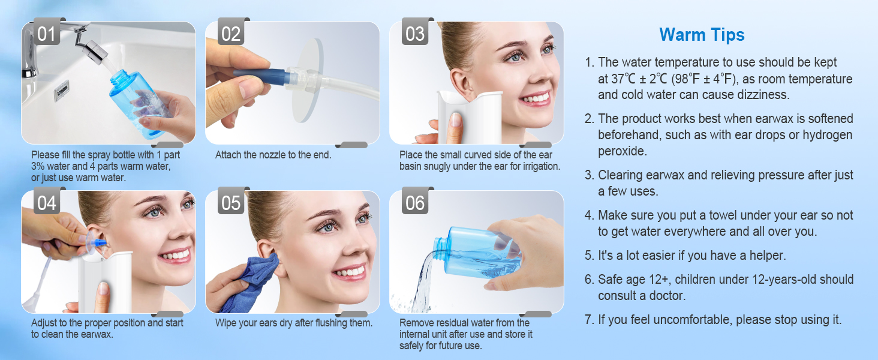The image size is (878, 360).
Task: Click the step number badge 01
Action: click(46, 34)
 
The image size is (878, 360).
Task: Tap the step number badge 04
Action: click(46, 203)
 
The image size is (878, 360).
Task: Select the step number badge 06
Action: click(414, 203)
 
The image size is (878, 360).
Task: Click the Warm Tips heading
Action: click(702, 35)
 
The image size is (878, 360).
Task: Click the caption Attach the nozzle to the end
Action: click(273, 155)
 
